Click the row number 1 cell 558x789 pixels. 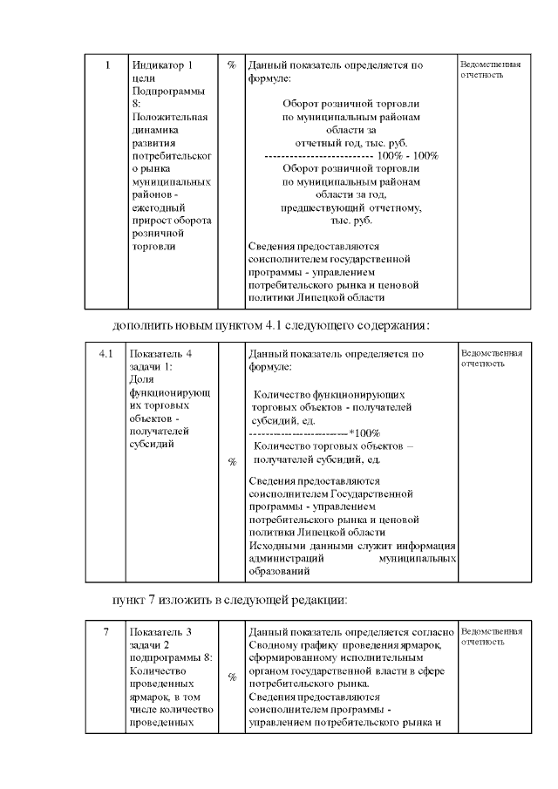(x=107, y=65)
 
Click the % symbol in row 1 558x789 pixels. (x=231, y=65)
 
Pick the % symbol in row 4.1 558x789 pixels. (x=231, y=462)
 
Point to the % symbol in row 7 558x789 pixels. (x=231, y=677)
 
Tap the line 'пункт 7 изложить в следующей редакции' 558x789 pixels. (x=230, y=600)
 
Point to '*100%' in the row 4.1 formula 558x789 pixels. (x=364, y=433)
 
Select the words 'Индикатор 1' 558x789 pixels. (x=161, y=65)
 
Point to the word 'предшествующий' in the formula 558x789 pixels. (x=322, y=208)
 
